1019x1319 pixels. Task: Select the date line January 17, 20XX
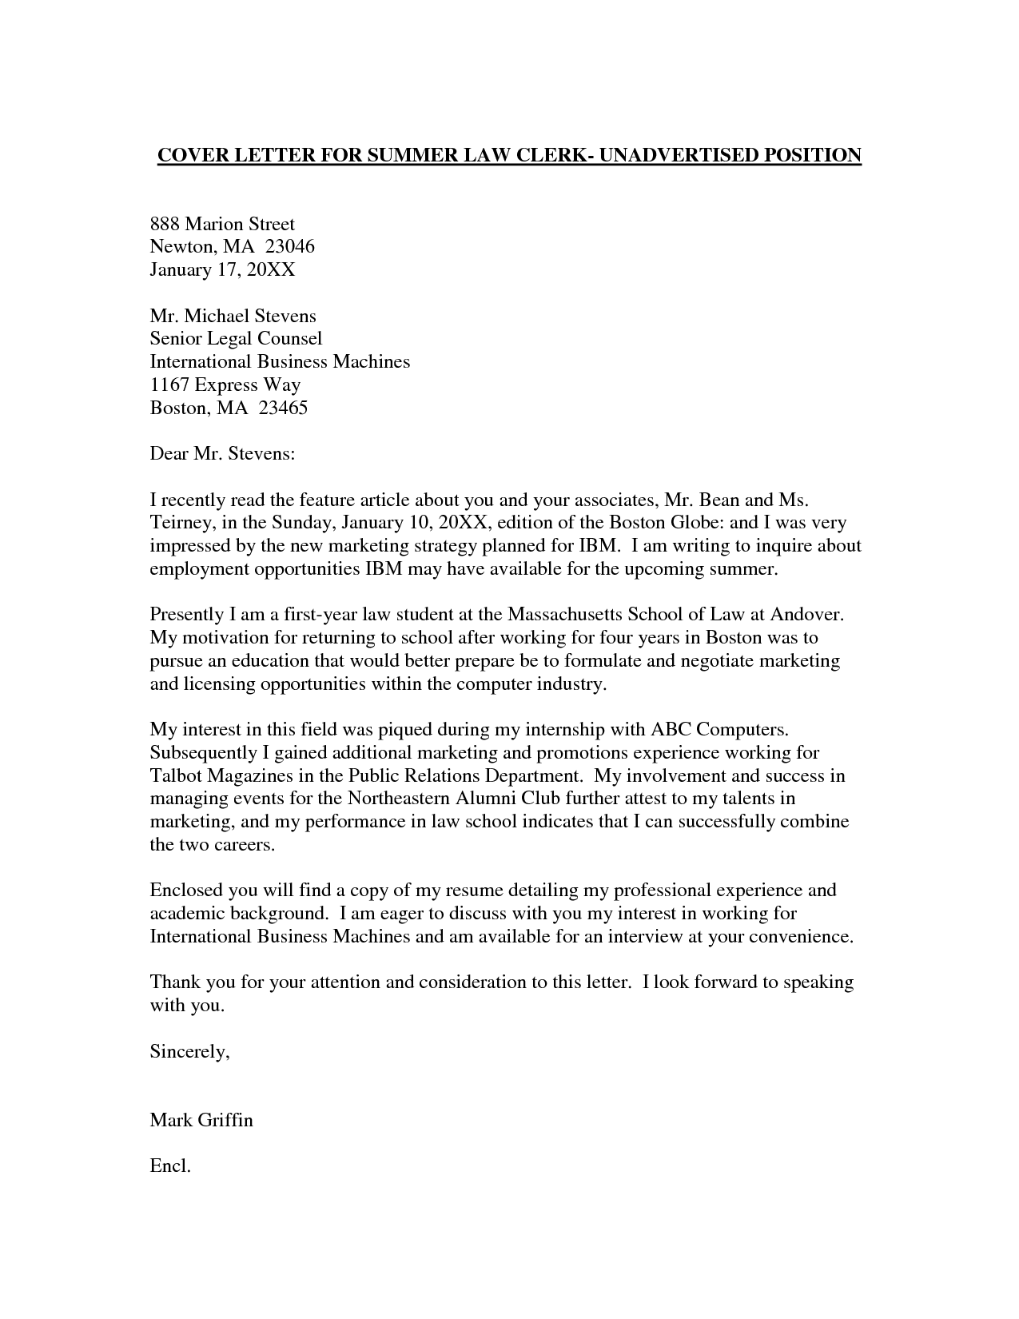pyautogui.click(x=222, y=270)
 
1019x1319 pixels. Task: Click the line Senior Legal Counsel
pyautogui.click(x=236, y=339)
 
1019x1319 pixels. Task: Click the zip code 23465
pyautogui.click(x=283, y=408)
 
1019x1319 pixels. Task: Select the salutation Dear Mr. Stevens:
pyautogui.click(x=222, y=454)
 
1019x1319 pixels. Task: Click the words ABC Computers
pyautogui.click(x=720, y=730)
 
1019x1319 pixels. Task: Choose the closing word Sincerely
pyautogui.click(x=189, y=1052)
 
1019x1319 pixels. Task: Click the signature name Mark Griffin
pyautogui.click(x=201, y=1120)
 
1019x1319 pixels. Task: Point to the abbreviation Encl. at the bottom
pyautogui.click(x=170, y=1166)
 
